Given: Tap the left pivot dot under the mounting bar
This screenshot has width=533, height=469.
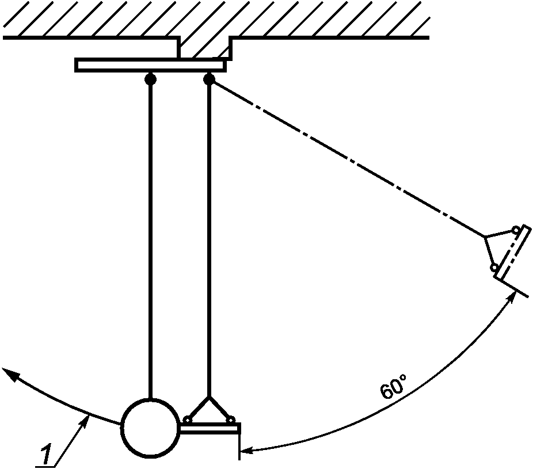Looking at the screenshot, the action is click(x=150, y=79).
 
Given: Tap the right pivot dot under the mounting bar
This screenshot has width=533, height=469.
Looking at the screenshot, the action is click(x=210, y=79).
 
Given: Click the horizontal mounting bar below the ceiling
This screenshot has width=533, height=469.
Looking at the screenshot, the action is click(x=150, y=65).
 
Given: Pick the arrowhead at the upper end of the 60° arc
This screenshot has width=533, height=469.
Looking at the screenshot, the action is click(x=513, y=296).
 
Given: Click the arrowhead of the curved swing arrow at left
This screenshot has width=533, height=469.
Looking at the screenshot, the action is click(x=8, y=371).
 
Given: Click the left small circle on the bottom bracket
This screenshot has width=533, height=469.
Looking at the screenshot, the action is click(x=188, y=420).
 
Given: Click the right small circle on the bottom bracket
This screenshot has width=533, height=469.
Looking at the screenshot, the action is click(x=230, y=420).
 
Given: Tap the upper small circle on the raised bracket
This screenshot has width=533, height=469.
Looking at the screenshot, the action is click(x=516, y=231).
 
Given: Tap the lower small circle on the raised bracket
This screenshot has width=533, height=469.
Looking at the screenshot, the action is click(x=494, y=268).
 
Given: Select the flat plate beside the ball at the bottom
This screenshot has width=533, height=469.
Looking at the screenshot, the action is click(x=210, y=428).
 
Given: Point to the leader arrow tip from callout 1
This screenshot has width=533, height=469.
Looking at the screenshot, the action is click(x=87, y=418).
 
